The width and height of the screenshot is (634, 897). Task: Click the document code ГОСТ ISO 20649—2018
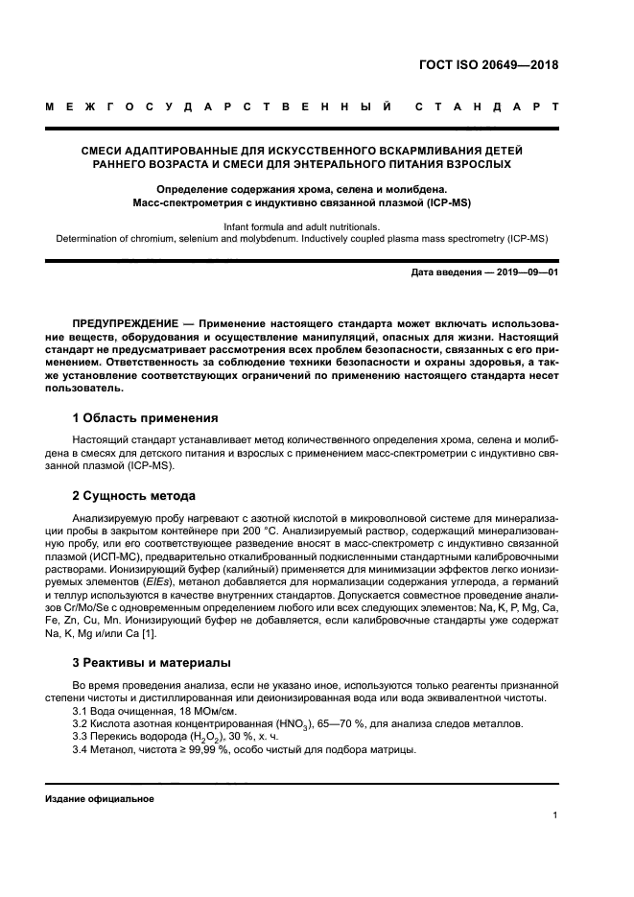[487, 66]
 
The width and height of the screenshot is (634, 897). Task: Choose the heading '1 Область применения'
[145, 418]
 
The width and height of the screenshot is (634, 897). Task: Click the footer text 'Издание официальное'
[99, 798]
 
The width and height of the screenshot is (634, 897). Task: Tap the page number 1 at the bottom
[555, 815]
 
